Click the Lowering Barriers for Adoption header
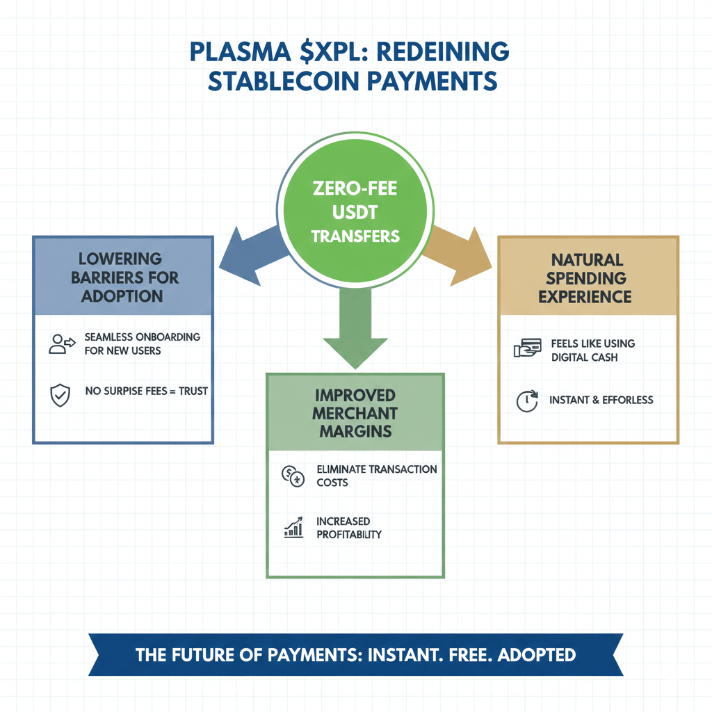click(x=122, y=277)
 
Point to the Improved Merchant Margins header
click(x=355, y=413)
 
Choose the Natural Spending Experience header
click(x=588, y=278)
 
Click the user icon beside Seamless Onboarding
click(x=61, y=343)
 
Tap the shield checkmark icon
click(x=60, y=394)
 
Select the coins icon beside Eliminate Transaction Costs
click(x=292, y=476)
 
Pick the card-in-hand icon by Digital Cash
click(x=527, y=349)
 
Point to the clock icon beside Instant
click(x=527, y=401)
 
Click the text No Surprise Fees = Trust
click(x=146, y=391)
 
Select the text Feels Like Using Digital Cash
click(x=592, y=350)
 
